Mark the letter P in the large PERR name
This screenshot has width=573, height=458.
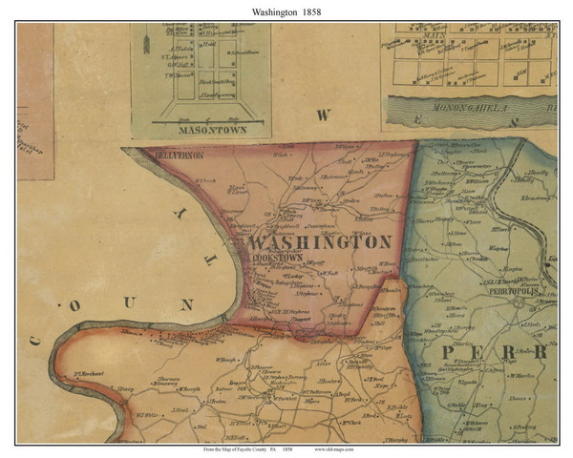click(449, 354)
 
